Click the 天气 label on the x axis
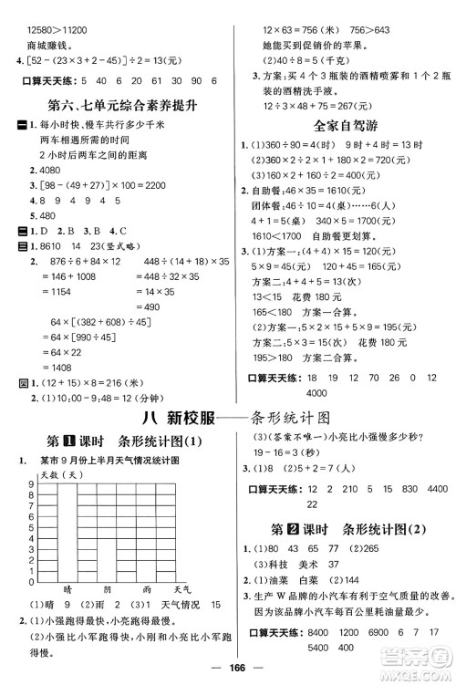[x=181, y=591]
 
